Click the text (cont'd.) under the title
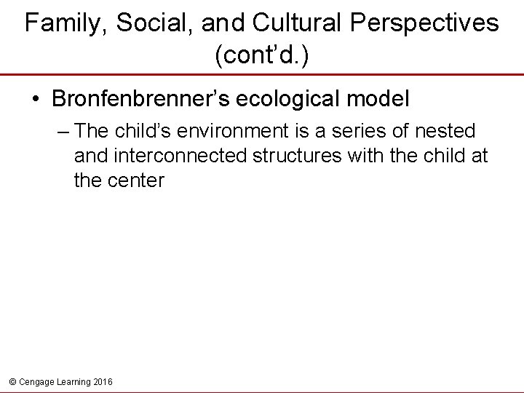(x=262, y=57)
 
